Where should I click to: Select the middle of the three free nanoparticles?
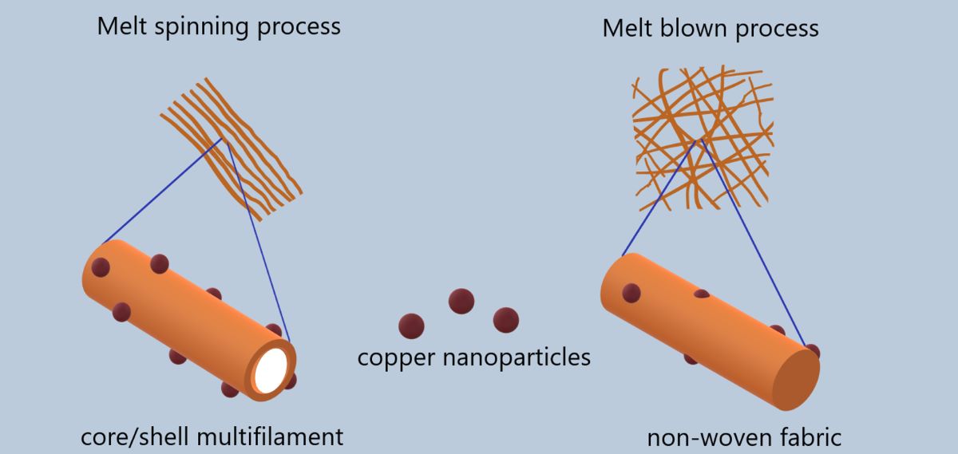tap(461, 301)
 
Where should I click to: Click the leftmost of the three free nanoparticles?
tap(411, 326)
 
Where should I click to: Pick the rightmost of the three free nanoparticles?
tap(506, 319)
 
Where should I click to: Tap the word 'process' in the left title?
tap(301, 26)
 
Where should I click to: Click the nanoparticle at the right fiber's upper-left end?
tap(631, 294)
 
